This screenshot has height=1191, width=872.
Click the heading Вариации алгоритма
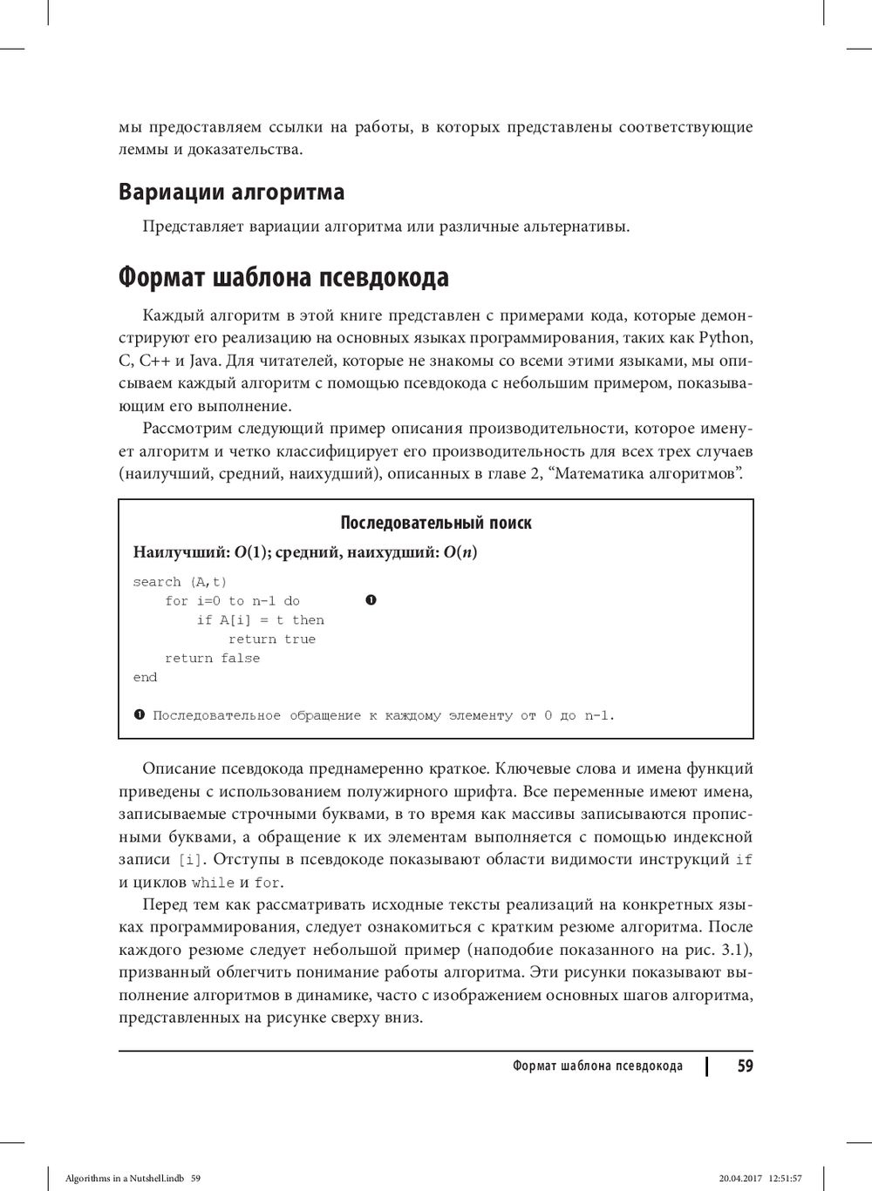[231, 192]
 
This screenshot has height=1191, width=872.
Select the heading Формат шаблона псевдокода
[283, 278]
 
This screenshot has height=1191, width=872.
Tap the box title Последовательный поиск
[435, 523]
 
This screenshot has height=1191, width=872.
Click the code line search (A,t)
[180, 582]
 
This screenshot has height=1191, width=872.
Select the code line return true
[271, 639]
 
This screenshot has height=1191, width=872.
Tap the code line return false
[212, 659]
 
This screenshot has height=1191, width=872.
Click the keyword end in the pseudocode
[145, 678]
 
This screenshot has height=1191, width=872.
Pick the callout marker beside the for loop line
[371, 600]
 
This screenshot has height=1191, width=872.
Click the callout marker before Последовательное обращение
[139, 715]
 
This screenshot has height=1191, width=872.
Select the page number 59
[745, 1066]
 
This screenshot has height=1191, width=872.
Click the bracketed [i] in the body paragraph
[189, 860]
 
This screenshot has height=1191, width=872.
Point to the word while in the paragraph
[213, 883]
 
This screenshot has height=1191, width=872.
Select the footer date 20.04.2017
[740, 1178]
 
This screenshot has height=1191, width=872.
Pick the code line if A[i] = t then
[260, 620]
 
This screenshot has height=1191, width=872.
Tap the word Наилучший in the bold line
[180, 552]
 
